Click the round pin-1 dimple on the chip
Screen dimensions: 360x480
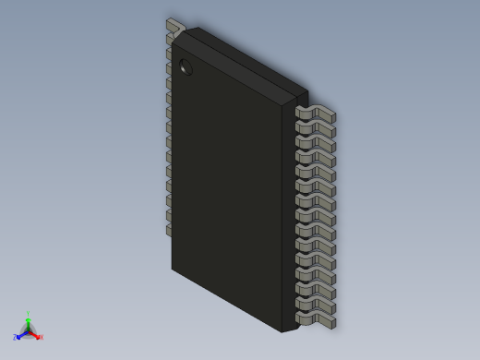186,66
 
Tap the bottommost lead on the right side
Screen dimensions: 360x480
317,320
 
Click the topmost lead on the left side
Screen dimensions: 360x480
174,25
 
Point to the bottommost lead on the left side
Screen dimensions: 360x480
169,230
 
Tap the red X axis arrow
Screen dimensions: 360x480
35,334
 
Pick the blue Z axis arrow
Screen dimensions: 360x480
20,335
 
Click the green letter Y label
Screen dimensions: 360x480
28,314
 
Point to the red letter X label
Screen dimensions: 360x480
41,337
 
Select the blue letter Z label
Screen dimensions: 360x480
15,338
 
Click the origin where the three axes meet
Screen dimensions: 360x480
28,330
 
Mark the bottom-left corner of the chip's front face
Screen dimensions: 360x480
173,269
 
